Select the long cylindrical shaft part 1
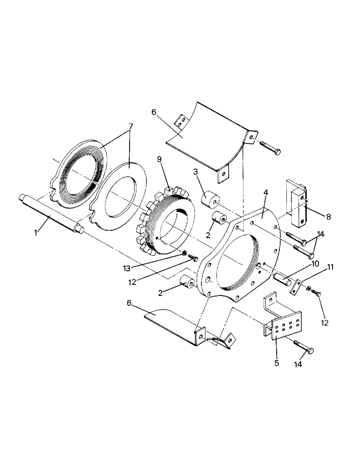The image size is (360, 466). pyautogui.click(x=51, y=212)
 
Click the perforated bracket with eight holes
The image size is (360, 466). pyautogui.click(x=284, y=325)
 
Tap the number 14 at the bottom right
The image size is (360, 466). pyautogui.click(x=298, y=367)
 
